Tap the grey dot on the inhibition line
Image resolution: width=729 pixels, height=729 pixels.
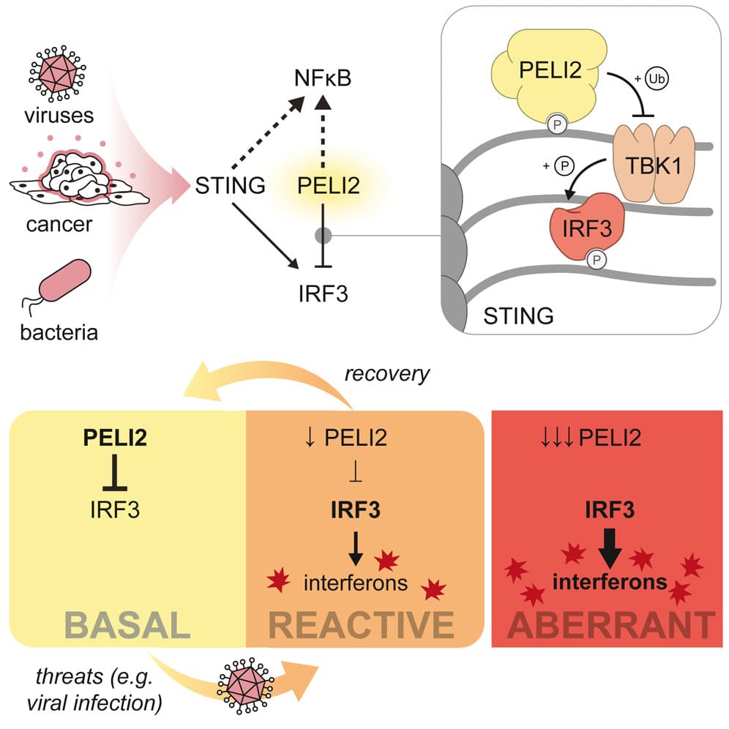coord(323,236)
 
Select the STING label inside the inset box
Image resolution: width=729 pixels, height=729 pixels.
coord(518,315)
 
